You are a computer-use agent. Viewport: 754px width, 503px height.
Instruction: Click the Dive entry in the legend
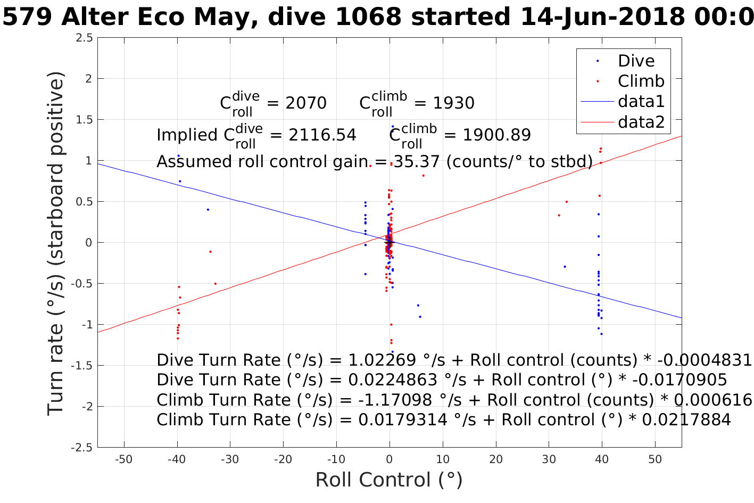tap(635, 61)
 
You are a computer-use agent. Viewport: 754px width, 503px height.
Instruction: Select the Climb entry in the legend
tap(641, 81)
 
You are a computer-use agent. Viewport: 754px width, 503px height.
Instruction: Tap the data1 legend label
tap(641, 102)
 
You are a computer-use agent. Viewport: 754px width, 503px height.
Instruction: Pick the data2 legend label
tap(641, 122)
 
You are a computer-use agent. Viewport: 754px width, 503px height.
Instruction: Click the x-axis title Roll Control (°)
tap(389, 480)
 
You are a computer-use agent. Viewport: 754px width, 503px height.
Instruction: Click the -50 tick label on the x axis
tap(123, 459)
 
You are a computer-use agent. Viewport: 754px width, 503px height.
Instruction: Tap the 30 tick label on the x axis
tap(549, 459)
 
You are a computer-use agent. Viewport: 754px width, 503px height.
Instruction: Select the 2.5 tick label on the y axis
tap(84, 38)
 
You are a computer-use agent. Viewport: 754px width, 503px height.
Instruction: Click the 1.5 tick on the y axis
tap(84, 120)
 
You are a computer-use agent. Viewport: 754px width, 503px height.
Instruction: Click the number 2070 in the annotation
tap(306, 103)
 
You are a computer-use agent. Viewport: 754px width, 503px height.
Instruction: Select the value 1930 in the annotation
tap(453, 103)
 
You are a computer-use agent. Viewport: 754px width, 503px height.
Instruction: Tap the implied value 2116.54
tap(322, 135)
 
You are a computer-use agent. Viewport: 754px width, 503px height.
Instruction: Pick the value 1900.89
tap(496, 135)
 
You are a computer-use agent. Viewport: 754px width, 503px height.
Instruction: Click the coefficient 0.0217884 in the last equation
tap(686, 420)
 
